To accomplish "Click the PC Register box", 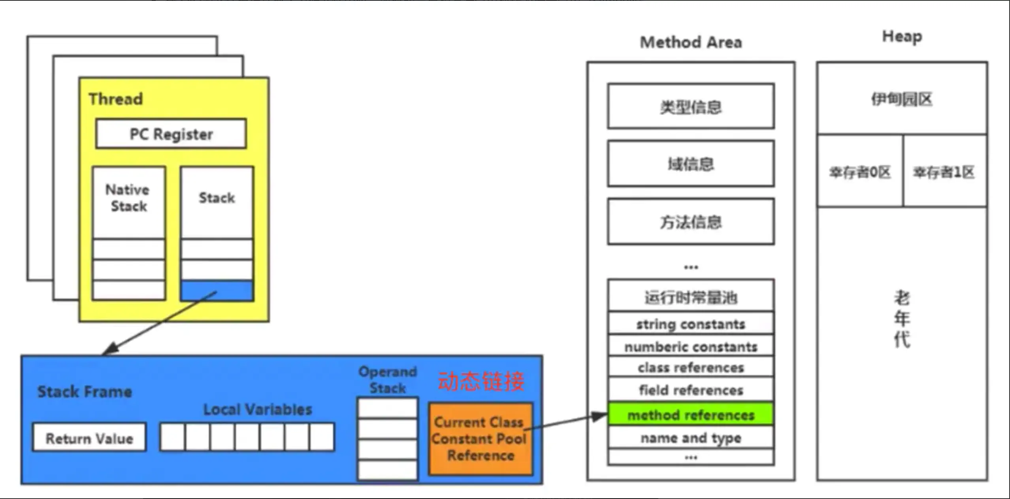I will [171, 134].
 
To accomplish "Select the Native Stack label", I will [128, 198].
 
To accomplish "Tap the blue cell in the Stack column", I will [217, 291].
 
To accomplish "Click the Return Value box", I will [89, 437].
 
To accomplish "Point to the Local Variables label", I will [258, 409].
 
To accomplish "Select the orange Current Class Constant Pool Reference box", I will [481, 439].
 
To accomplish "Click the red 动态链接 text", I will [481, 381].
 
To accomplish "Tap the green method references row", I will [691, 415].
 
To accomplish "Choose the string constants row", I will [691, 324].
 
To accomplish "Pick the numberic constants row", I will [691, 346].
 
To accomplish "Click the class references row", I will [691, 367].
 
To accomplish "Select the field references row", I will [691, 390].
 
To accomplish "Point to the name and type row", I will [691, 437].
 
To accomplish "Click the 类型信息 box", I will [691, 106].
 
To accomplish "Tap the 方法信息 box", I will [691, 222].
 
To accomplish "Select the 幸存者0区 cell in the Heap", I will [860, 172].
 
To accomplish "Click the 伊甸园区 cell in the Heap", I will [902, 99].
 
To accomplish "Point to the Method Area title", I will [691, 42].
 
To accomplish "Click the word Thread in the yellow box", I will [115, 99].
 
